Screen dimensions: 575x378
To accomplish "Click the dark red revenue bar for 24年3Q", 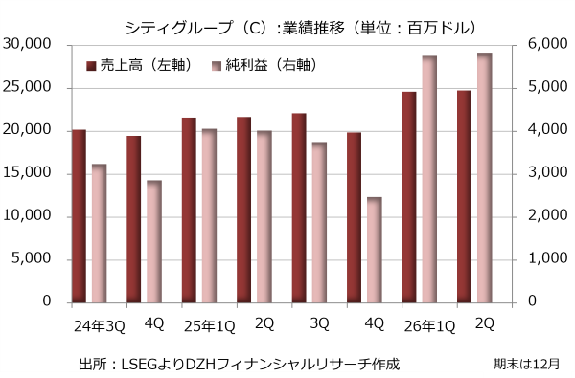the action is tap(80, 216).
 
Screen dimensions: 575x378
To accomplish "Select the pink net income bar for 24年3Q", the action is tap(99, 233).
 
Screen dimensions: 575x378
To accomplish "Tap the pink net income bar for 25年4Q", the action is tap(375, 250).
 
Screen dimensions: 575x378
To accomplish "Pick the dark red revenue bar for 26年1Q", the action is tap(409, 197).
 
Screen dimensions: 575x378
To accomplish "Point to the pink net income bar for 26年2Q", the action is tap(484, 178).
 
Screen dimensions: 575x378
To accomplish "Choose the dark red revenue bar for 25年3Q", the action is tap(299, 208).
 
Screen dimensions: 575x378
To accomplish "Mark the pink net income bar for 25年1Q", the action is tap(209, 215).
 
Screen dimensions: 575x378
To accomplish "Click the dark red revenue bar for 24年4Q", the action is tap(134, 219).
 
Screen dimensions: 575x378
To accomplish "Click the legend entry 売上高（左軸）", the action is tap(139, 65).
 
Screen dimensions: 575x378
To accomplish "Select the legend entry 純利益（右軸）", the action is tap(264, 65).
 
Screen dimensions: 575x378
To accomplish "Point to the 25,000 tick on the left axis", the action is tap(27, 87).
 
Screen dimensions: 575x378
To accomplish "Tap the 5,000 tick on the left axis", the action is tap(32, 258).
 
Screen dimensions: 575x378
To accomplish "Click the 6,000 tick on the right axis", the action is tap(547, 44).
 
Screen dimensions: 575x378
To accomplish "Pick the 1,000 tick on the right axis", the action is tap(547, 258).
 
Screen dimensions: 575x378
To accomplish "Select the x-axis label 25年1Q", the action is tap(209, 326).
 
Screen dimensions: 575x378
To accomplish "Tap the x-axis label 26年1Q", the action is tap(429, 326).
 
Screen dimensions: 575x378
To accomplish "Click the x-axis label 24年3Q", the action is tap(100, 326).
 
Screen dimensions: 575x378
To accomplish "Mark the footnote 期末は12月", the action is tap(526, 364).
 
